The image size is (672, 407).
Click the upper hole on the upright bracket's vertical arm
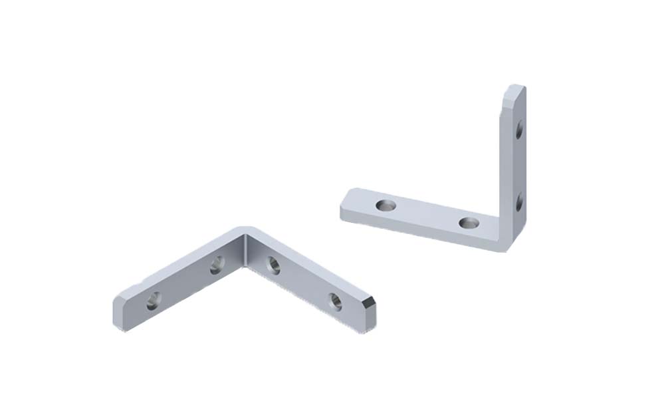(519, 129)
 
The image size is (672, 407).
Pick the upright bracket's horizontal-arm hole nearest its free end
(385, 205)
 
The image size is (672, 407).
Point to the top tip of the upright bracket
(516, 86)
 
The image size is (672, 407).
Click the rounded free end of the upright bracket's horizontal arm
(344, 202)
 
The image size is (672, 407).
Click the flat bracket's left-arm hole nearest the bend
(217, 266)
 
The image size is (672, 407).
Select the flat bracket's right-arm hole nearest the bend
(273, 265)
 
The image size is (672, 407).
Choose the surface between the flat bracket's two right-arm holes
(304, 283)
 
